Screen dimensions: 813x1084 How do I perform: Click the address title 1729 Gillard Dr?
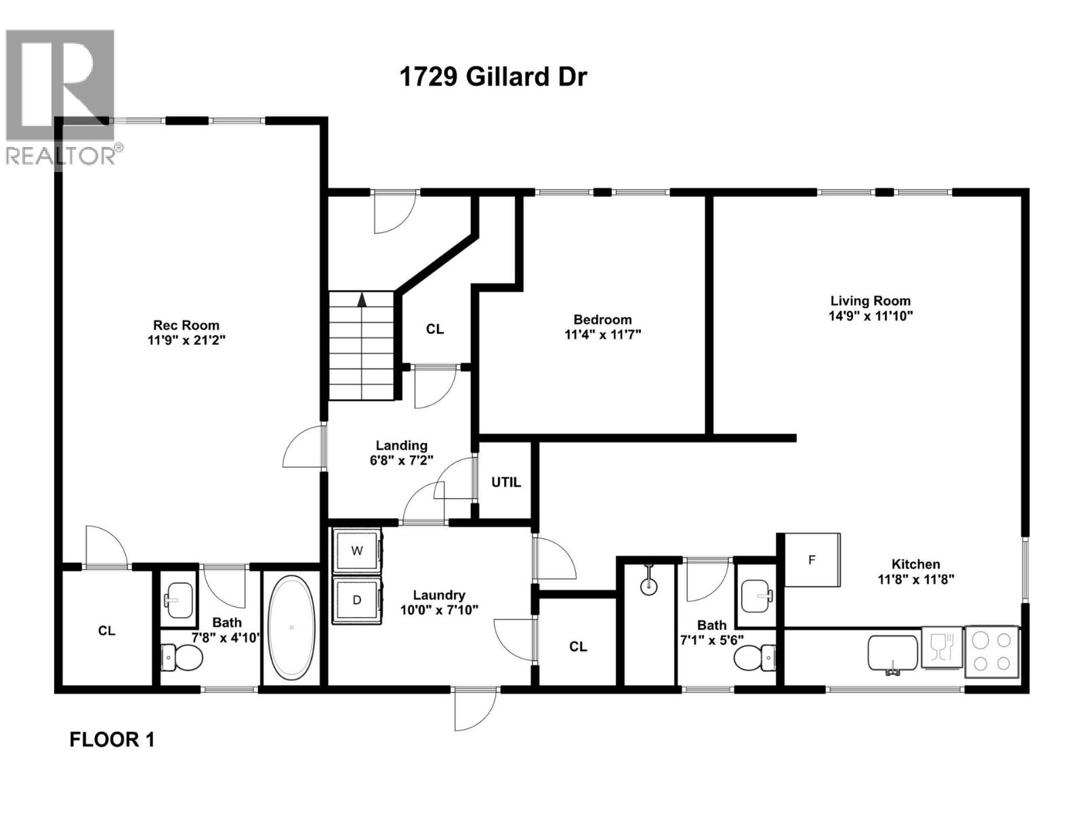(493, 77)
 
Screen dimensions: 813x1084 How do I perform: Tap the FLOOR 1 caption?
(112, 739)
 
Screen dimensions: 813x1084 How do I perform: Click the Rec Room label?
(186, 325)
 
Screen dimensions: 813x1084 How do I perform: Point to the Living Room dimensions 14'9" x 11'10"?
(871, 316)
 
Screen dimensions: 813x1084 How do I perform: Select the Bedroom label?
(602, 320)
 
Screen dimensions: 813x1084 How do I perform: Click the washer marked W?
(357, 551)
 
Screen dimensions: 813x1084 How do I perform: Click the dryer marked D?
(357, 600)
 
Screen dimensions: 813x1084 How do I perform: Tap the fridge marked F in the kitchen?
(812, 560)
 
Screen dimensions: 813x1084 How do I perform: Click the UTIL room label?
(506, 482)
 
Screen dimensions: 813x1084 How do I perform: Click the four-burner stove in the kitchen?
(991, 652)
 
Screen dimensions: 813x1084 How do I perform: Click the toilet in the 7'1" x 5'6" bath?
(755, 656)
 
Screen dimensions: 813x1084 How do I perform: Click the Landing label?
(402, 445)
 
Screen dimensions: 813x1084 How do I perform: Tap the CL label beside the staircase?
(435, 329)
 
